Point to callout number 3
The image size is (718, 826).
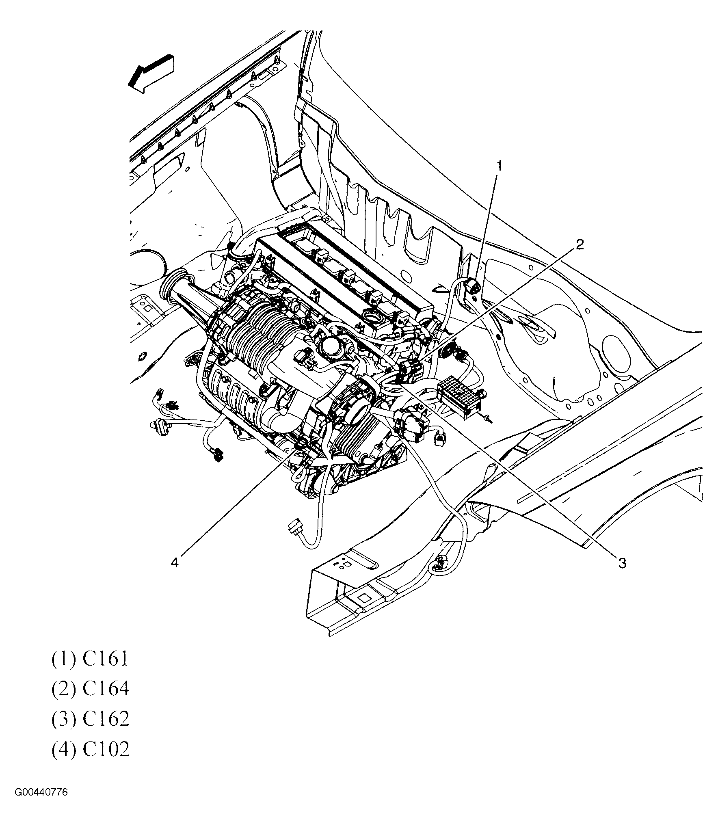(x=622, y=563)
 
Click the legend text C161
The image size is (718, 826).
(x=105, y=659)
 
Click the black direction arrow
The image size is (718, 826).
(x=151, y=73)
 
